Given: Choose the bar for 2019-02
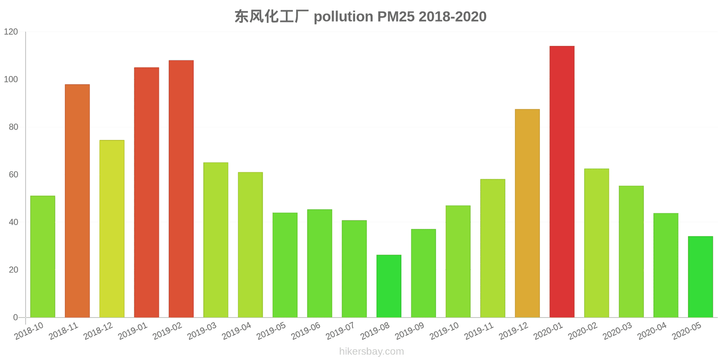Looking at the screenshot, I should pos(181,189).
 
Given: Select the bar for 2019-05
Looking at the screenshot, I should pos(285,265).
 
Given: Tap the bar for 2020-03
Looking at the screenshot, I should pos(631,252).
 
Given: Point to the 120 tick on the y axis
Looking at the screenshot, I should pos(11,32).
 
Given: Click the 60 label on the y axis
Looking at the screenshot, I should pos(13,175).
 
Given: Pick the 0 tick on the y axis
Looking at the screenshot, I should pos(16,317).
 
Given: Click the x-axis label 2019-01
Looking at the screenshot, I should pos(133,332).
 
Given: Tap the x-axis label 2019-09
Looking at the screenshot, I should pos(409,332).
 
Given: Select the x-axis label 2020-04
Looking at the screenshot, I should pos(652,332).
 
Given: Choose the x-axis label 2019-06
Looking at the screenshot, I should pos(306,332).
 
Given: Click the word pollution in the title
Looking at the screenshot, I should pos(343,17).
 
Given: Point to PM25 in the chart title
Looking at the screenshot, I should pos(396,17).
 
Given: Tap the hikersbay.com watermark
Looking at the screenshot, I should pos(371,351).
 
